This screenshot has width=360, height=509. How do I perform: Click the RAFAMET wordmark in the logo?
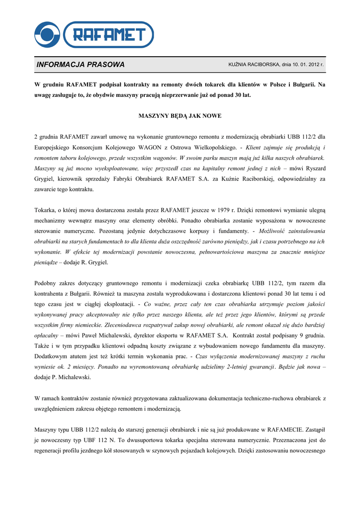[109, 34]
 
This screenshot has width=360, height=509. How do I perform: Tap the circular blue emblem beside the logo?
[47, 34]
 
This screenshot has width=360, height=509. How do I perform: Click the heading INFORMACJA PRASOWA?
[81, 65]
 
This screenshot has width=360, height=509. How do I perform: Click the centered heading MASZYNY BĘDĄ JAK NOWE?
[180, 116]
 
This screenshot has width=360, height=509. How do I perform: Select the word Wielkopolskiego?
[211, 148]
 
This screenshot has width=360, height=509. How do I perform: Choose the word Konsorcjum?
[97, 148]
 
